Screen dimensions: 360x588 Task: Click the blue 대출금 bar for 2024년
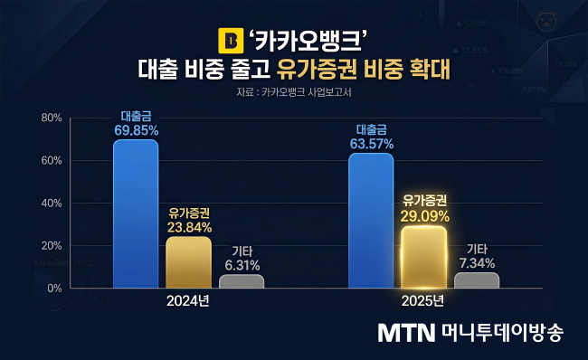pos(136,213)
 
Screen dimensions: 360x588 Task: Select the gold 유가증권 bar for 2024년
pos(188,262)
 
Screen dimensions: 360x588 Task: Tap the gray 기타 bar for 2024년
pos(242,281)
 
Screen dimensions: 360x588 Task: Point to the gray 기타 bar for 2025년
pos(477,280)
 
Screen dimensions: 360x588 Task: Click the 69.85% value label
pos(136,130)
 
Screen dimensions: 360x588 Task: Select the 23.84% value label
pos(188,227)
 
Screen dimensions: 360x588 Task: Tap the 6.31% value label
pos(242,265)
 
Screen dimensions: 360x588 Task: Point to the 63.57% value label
pos(371,144)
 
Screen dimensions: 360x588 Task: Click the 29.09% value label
pos(423,216)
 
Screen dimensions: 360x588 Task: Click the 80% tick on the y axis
pos(50,118)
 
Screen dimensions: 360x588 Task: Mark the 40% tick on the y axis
pos(50,203)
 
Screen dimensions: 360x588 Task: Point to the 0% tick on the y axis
pos(53,288)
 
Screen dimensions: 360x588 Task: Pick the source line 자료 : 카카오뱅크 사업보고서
pos(294,90)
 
